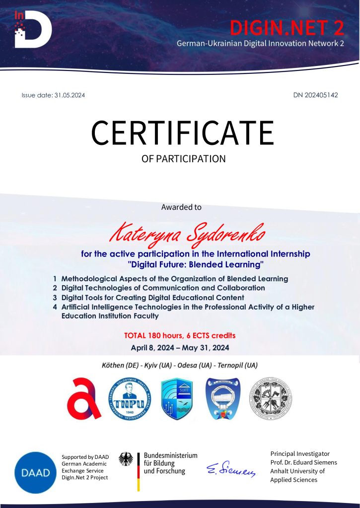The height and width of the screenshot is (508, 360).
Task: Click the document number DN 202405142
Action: tap(315, 95)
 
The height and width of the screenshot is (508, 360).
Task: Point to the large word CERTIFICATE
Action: tap(182, 132)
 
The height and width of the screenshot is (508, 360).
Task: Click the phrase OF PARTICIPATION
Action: tap(184, 159)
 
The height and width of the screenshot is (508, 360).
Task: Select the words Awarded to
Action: tap(181, 207)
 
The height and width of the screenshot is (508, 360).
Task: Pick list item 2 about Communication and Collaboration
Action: tap(163, 288)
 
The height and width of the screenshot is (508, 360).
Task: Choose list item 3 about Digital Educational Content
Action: tap(152, 297)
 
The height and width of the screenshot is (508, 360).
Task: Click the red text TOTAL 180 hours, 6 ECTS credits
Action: tap(180, 336)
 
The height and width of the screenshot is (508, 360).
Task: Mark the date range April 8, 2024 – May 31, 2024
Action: tap(180, 348)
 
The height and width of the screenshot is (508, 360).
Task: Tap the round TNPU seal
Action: tap(130, 398)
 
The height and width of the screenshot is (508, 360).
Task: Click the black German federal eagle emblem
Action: tap(126, 459)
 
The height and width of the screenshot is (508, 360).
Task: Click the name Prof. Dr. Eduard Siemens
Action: tap(303, 462)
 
